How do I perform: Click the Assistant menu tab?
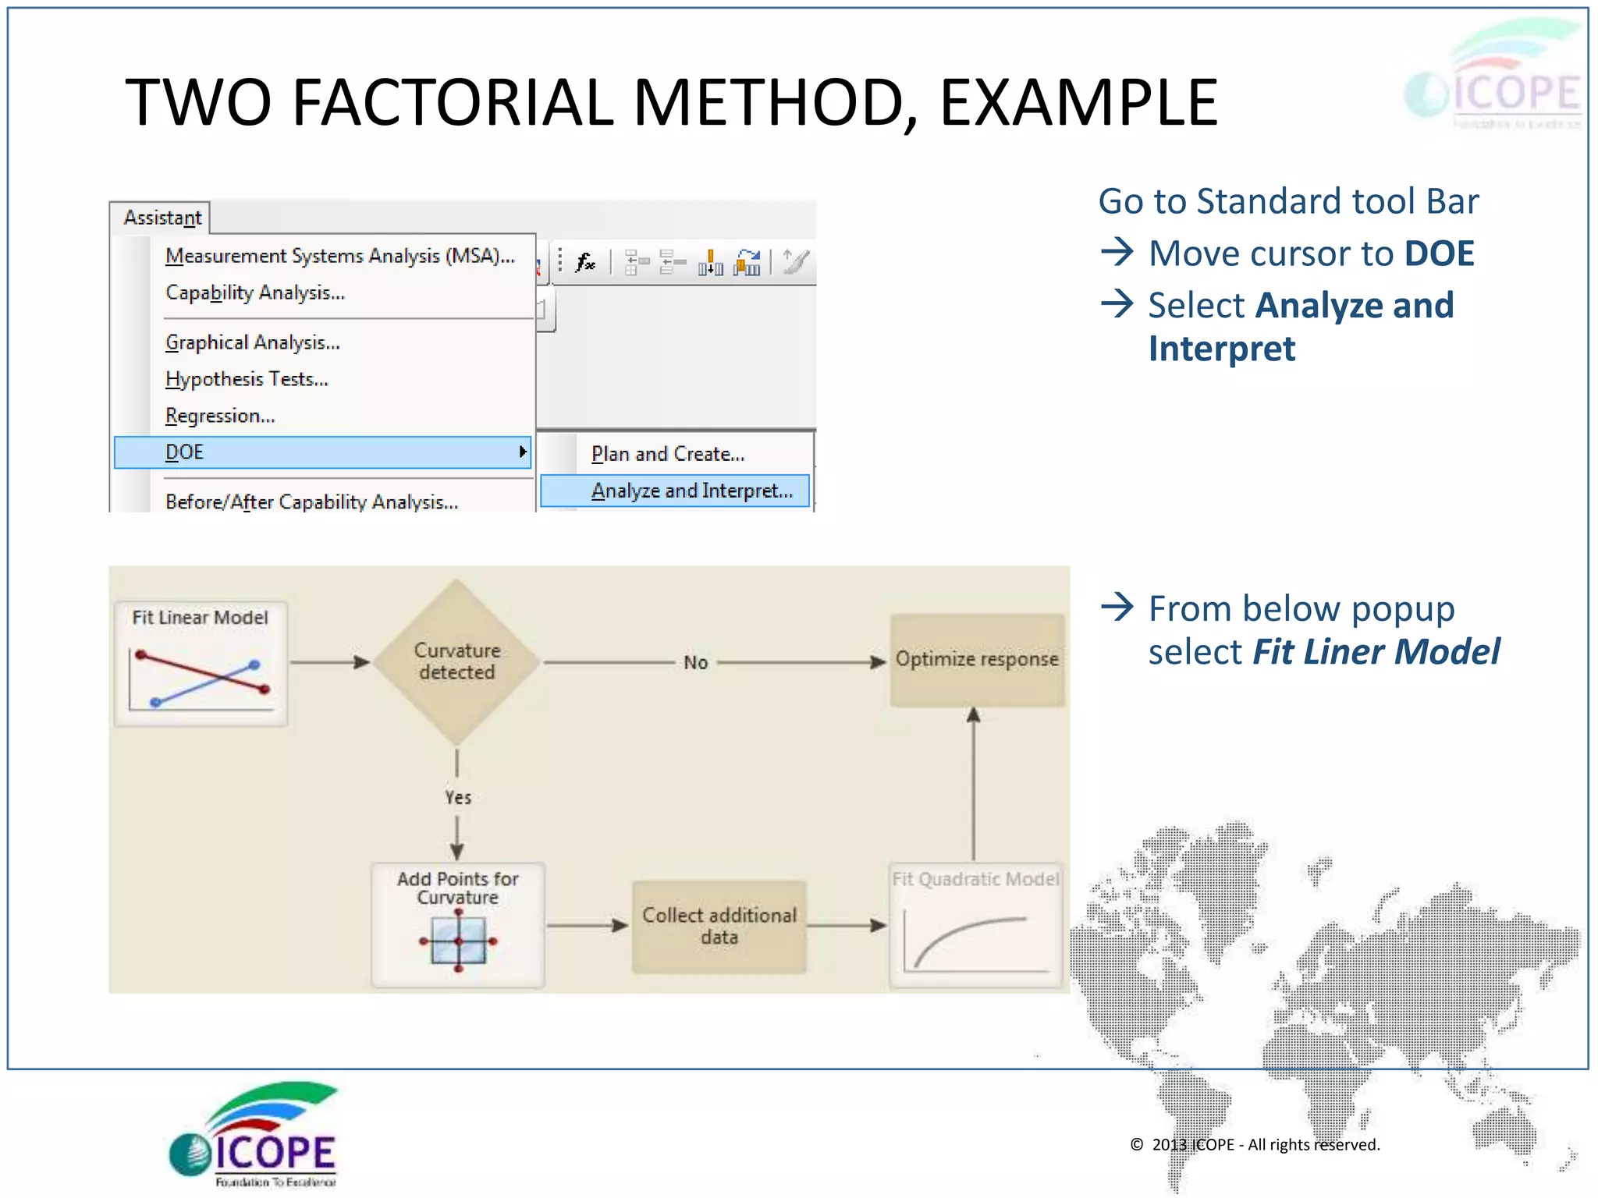162,218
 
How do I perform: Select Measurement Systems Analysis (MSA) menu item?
339,256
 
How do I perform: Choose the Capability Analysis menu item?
255,292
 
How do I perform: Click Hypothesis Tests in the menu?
247,379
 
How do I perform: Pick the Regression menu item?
220,416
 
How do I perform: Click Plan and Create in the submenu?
668,454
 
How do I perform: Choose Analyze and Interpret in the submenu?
691,491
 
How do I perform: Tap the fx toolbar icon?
585,262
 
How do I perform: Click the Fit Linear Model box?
201,664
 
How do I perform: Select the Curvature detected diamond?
457,661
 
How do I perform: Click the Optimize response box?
977,660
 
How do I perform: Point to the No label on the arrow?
695,663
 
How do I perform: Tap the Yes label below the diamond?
458,797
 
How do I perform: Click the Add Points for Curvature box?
458,924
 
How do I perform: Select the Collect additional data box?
719,926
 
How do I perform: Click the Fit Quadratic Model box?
975,924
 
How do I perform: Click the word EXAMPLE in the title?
1078,103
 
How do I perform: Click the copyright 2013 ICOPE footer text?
1255,1144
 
